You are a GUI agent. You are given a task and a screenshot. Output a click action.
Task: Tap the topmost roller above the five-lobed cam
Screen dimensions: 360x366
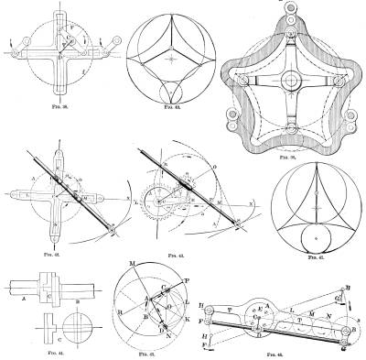292,6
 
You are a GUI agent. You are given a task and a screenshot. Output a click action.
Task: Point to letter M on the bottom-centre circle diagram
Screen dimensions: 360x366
133,266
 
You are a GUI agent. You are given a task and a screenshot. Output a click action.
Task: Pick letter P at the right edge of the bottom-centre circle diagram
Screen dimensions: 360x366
188,276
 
